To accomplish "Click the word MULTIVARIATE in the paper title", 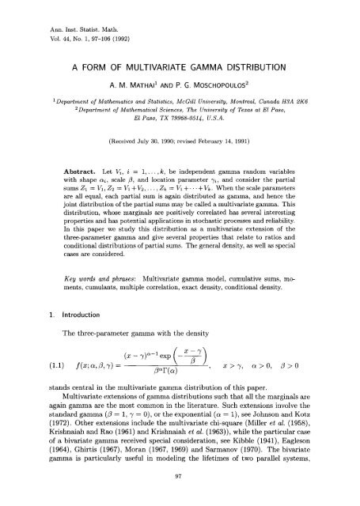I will coord(164,67).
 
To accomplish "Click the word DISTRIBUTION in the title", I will coord(260,67).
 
